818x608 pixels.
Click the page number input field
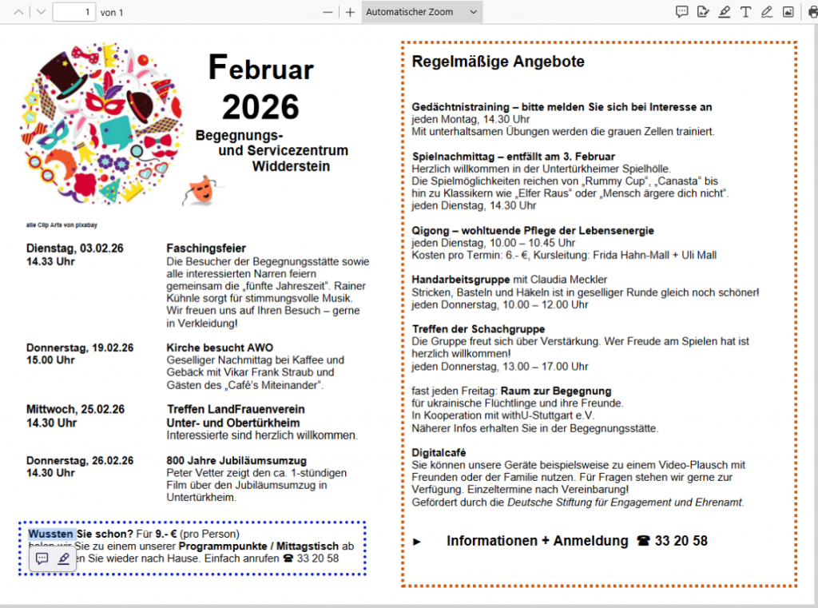73,12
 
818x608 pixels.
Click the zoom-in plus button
350,12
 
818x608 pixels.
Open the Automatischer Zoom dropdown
421,12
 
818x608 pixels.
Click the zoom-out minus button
328,12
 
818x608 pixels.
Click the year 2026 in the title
260,107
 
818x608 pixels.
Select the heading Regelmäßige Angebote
498,62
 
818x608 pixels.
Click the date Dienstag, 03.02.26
75,248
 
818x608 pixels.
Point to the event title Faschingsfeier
206,248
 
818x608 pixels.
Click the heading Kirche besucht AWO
220,348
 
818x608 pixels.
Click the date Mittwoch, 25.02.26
75,409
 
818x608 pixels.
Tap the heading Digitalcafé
439,452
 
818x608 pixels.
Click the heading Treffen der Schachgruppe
478,328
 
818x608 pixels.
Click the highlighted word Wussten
52,533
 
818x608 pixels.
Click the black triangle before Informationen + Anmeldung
417,542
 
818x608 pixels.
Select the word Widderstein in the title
291,166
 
